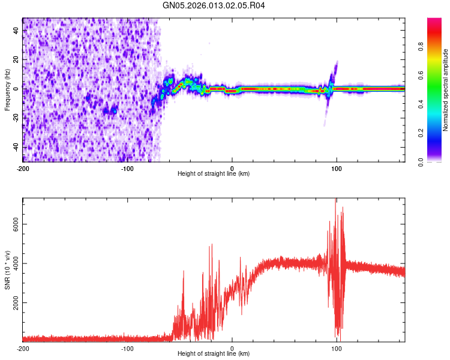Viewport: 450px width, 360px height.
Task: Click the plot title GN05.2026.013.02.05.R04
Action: pos(214,5)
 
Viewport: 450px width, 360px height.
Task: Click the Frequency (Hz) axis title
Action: pos(7,89)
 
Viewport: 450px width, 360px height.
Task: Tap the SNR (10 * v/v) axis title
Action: pos(7,270)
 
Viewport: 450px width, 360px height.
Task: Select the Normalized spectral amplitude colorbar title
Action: pos(445,90)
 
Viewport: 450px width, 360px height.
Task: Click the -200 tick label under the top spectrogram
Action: pos(23,168)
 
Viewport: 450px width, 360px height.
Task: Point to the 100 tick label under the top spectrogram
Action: pos(337,168)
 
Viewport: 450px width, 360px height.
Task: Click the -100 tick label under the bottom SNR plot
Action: pos(127,348)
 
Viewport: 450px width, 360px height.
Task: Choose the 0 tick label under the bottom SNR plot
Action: pos(232,348)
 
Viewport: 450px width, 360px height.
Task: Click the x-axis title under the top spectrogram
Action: pos(214,174)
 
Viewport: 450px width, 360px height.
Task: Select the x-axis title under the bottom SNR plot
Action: pos(214,354)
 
